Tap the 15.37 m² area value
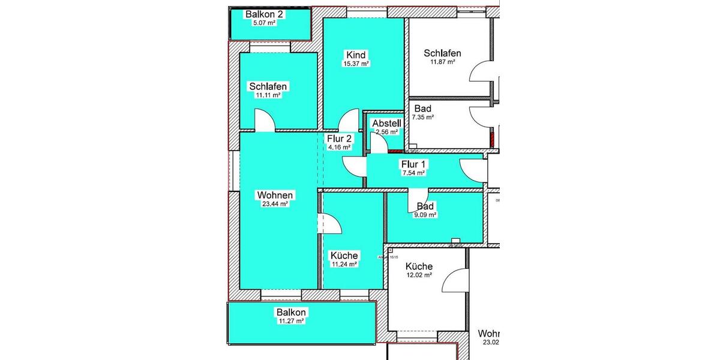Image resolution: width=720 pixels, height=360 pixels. coord(356,63)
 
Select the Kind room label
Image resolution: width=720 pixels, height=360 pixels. coord(356,55)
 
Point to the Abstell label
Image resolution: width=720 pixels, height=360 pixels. coord(386,124)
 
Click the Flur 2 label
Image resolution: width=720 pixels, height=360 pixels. coord(339,138)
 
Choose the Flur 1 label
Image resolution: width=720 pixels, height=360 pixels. coord(413,164)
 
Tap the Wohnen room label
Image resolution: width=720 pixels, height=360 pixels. coord(275,195)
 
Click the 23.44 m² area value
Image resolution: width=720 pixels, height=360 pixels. coord(275,204)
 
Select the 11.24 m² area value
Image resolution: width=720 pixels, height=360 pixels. coord(344,264)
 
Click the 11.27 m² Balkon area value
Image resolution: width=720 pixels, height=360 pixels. coord(291,321)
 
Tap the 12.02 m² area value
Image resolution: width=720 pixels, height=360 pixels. coord(419,275)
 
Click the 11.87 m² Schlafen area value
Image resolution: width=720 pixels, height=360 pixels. coord(442,62)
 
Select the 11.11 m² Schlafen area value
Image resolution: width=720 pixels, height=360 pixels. coord(268,95)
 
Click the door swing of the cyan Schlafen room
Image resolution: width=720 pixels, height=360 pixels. coord(265,120)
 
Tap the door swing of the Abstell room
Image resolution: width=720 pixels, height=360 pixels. coord(379,143)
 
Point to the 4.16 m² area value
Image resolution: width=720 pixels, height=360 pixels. coord(339,146)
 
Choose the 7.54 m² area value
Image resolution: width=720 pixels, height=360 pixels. coord(413,173)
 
